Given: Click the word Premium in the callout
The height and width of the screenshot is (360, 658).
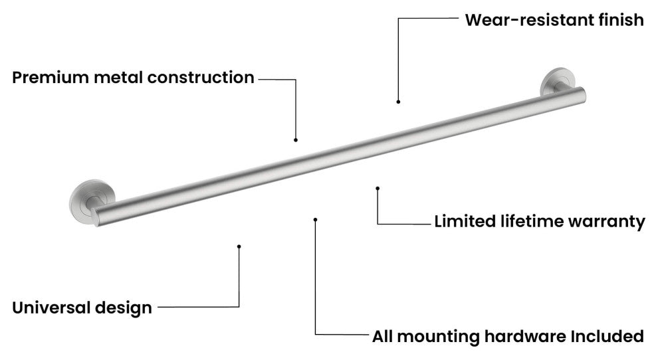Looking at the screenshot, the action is tap(51, 78).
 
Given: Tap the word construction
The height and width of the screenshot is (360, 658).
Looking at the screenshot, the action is tap(201, 78).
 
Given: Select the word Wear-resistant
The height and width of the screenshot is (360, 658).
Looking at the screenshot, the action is tap(529, 20).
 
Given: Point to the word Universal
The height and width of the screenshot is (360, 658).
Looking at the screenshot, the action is tap(51, 308).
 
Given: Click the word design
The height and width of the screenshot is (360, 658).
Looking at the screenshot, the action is tap(124, 308).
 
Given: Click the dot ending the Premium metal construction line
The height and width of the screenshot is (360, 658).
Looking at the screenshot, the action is tap(296, 139).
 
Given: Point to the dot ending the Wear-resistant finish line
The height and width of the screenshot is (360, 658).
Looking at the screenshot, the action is tap(398, 102).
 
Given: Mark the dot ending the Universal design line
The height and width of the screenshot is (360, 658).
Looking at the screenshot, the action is tap(239, 246).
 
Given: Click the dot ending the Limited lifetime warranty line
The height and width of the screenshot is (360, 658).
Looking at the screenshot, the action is tap(378, 189).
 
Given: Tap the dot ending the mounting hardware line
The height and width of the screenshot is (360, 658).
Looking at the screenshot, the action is tap(316, 219).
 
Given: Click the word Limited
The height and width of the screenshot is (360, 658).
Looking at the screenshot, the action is tap(465, 221).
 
